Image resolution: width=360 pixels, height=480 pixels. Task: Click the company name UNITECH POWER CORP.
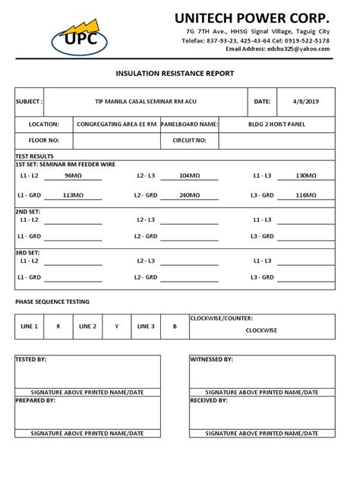[252, 17]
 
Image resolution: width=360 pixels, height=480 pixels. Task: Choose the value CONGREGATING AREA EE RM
[116, 123]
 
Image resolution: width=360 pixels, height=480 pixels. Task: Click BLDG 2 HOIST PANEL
[276, 123]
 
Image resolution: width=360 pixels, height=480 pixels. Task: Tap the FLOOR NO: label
[43, 141]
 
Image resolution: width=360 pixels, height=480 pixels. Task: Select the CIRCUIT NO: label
[190, 141]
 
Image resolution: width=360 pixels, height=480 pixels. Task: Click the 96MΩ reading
[73, 175]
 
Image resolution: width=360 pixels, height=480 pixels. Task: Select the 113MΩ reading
[73, 195]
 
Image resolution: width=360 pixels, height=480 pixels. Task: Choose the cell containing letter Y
[117, 327]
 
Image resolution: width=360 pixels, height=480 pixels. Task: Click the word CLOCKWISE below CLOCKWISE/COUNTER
[261, 331]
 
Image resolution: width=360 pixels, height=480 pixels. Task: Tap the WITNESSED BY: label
[212, 358]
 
